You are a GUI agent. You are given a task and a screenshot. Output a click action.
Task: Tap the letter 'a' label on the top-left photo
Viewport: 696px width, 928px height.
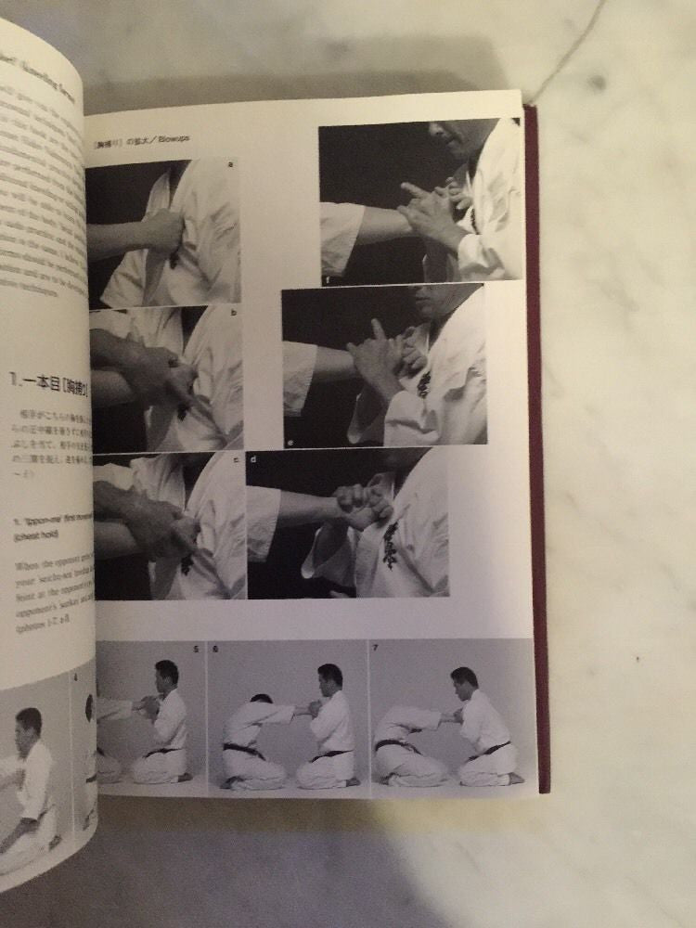click(x=230, y=165)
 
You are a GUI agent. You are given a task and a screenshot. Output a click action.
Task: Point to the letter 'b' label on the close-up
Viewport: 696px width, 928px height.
click(x=234, y=314)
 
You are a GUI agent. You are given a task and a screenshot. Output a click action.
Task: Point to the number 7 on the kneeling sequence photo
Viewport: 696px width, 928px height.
click(x=376, y=649)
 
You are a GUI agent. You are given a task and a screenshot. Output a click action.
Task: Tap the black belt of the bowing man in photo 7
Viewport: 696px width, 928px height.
click(x=395, y=744)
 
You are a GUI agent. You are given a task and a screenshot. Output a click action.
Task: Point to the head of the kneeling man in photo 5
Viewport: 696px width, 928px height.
click(x=167, y=674)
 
